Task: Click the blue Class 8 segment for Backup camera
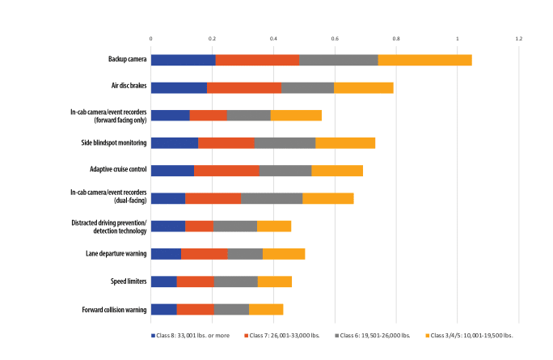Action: (x=183, y=60)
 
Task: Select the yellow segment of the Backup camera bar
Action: (x=424, y=60)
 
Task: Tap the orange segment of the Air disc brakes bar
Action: (x=243, y=87)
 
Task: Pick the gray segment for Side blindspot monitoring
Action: (x=285, y=143)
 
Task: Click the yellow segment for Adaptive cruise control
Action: (x=337, y=171)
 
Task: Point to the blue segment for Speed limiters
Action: (x=163, y=282)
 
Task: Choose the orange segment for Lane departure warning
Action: (x=204, y=254)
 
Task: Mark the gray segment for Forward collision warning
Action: (x=231, y=309)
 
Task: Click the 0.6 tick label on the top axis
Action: (x=335, y=38)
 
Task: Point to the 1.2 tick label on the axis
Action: (x=518, y=38)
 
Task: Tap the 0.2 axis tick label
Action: (x=212, y=38)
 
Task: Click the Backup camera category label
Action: (x=127, y=60)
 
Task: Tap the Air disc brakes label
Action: (x=129, y=87)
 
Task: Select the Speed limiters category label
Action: (x=129, y=282)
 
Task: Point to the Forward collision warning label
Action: (x=114, y=309)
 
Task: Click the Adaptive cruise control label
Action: (x=118, y=171)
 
